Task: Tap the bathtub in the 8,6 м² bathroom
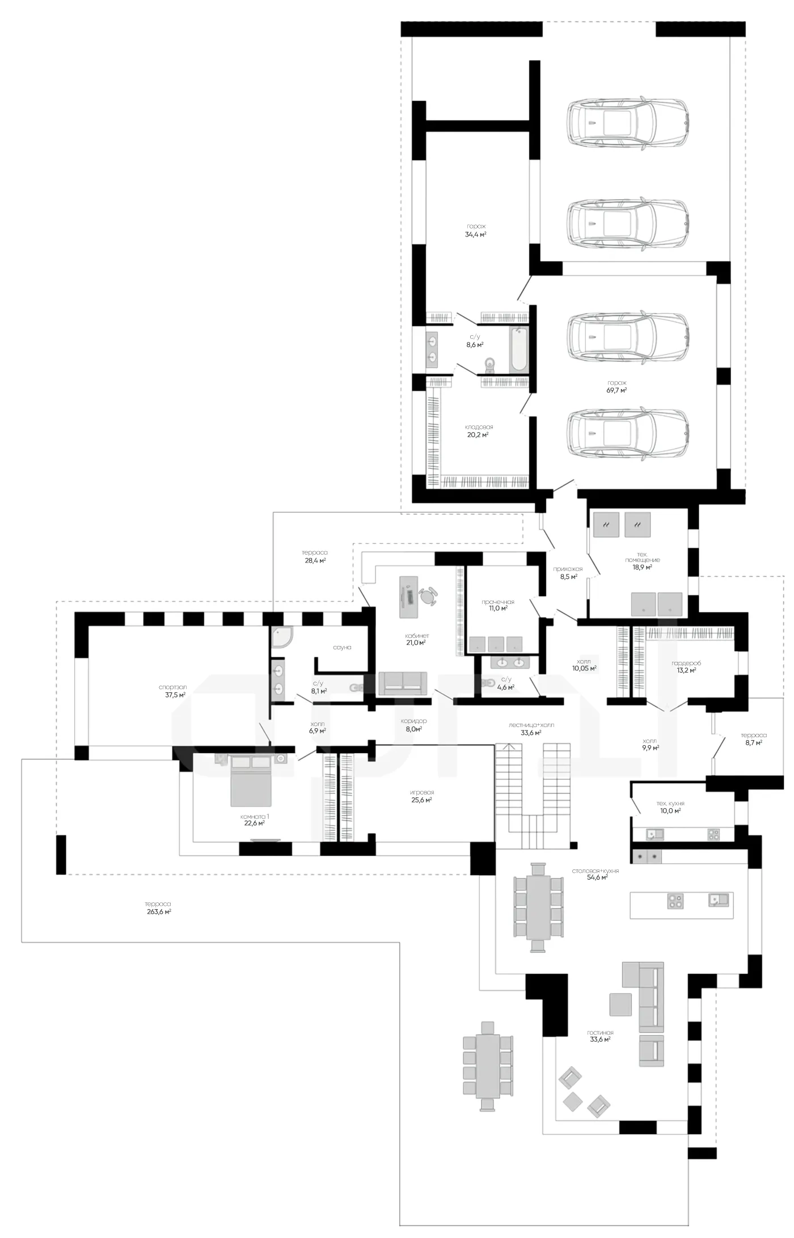point(518,349)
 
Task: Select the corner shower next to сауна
point(282,637)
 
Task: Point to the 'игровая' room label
point(422,792)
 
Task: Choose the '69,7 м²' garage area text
point(616,390)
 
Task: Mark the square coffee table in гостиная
point(620,1004)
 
